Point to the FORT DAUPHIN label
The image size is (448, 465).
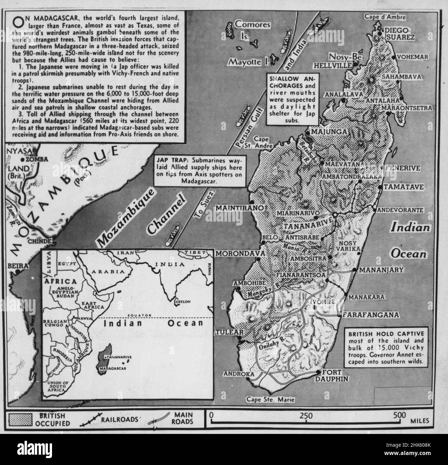(336, 375)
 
